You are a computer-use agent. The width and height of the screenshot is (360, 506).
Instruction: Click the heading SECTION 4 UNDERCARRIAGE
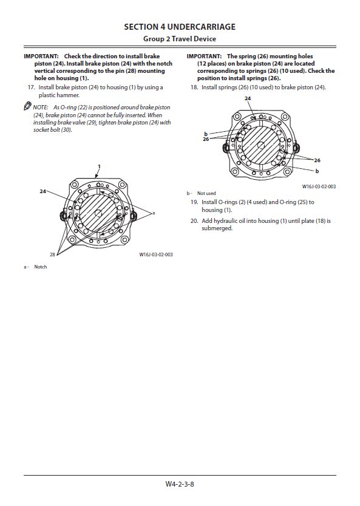(180, 27)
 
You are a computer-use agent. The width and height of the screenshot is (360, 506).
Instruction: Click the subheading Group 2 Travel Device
(180, 39)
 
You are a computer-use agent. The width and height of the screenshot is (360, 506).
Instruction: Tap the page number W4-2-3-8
(180, 484)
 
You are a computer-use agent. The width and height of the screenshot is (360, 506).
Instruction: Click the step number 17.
(32, 87)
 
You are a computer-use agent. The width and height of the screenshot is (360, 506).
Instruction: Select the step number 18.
(194, 87)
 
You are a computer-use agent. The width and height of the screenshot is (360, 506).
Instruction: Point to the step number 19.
(194, 202)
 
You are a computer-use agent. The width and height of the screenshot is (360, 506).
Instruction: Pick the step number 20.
(194, 221)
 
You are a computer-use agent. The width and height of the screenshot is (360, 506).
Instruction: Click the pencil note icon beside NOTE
(27, 106)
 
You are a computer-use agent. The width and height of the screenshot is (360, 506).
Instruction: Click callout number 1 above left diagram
(99, 166)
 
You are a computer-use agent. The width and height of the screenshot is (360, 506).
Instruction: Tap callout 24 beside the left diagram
(43, 191)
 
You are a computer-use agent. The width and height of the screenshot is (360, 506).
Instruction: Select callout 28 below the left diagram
(52, 255)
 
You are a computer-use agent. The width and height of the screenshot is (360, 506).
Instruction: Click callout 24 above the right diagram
(248, 98)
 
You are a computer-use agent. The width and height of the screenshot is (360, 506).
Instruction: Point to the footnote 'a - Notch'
(35, 267)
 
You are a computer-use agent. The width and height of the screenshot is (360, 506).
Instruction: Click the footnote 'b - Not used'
(202, 193)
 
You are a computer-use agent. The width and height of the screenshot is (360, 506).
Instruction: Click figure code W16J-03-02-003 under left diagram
(156, 255)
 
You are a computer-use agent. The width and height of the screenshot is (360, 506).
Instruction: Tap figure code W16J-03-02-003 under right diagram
(319, 186)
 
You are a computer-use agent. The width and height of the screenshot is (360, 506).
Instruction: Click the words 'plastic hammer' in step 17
(58, 95)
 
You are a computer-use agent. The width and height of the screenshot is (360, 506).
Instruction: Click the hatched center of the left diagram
(98, 213)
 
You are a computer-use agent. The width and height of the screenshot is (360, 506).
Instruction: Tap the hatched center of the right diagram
(260, 146)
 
